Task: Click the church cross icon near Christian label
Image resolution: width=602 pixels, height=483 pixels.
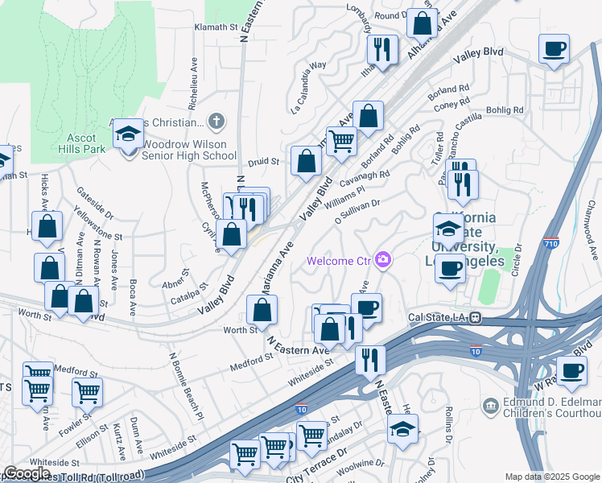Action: point(215,122)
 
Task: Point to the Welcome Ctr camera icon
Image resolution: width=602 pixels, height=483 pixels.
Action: point(384,259)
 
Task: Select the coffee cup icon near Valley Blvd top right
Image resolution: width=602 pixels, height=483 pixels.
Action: point(554,49)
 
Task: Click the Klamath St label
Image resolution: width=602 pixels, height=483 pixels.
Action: point(217,27)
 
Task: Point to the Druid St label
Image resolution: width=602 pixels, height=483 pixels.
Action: point(263,161)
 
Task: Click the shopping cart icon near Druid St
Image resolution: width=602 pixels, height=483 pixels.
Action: point(342,141)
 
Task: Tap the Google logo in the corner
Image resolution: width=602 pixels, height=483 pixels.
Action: point(27,473)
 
